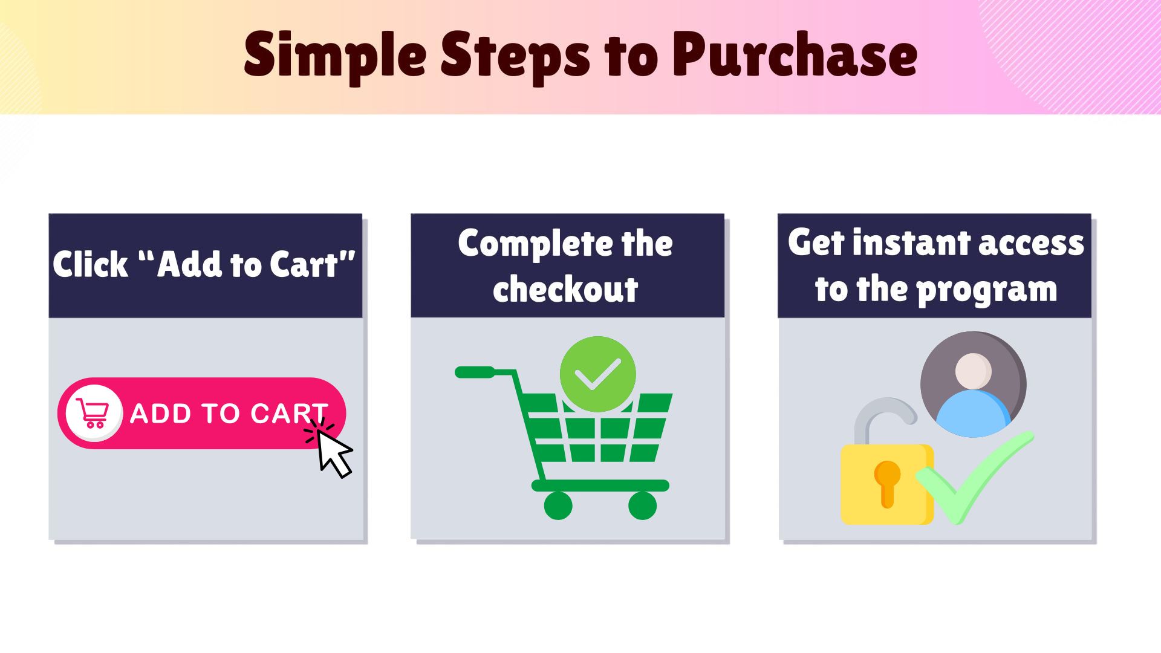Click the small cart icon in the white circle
[93, 413]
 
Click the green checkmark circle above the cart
[597, 374]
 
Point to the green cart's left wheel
[558, 505]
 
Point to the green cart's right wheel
[642, 505]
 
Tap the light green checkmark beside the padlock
[974, 478]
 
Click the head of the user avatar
[973, 371]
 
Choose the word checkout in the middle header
[565, 289]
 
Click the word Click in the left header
[90, 264]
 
